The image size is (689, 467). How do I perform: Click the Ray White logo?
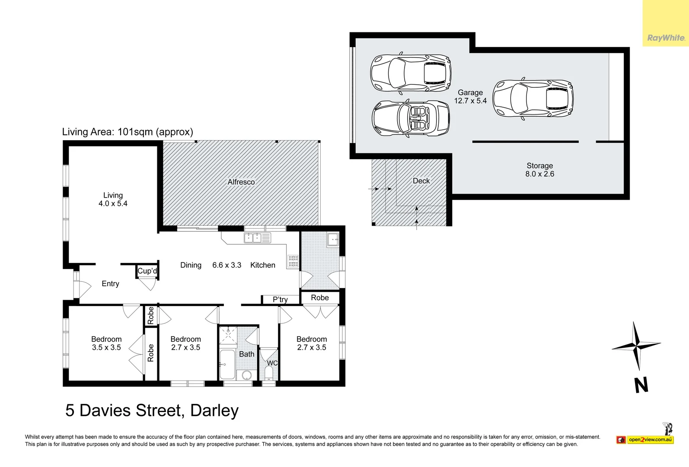pyautogui.click(x=666, y=38)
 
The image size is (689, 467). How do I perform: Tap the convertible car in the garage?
pyautogui.click(x=410, y=118)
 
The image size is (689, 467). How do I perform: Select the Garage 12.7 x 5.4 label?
pyautogui.click(x=470, y=96)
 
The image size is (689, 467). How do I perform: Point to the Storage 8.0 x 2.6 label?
pyautogui.click(x=539, y=170)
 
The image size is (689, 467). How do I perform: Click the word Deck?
pyautogui.click(x=421, y=181)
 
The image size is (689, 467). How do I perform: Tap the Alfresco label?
pyautogui.click(x=241, y=182)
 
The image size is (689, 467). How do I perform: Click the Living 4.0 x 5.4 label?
pyautogui.click(x=113, y=199)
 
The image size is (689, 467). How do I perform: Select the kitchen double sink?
pyautogui.click(x=257, y=238)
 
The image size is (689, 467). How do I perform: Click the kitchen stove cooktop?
pyautogui.click(x=293, y=261)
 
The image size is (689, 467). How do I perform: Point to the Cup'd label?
pyautogui.click(x=147, y=271)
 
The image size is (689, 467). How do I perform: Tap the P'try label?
pyautogui.click(x=280, y=299)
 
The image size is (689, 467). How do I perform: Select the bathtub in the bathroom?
pyautogui.click(x=227, y=365)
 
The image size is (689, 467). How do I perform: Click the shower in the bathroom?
pyautogui.click(x=228, y=336)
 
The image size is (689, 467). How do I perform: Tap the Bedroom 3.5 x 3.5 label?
pyautogui.click(x=106, y=343)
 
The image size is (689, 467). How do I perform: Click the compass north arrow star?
pyautogui.click(x=636, y=345)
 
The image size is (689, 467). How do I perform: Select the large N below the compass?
pyautogui.click(x=641, y=385)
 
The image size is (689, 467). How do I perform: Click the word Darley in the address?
pyautogui.click(x=214, y=410)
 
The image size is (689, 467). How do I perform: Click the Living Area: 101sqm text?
pyautogui.click(x=128, y=132)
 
